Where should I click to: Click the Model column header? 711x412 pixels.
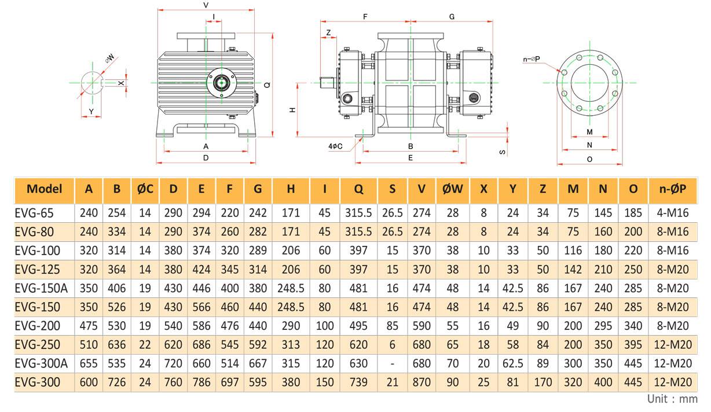[x=45, y=189]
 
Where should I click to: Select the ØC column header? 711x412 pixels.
[x=145, y=189]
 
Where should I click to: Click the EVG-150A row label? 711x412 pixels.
[x=41, y=288]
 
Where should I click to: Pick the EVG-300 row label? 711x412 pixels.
[x=37, y=382]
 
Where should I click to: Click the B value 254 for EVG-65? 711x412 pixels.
[x=117, y=213]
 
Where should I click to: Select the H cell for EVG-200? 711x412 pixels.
[x=291, y=326]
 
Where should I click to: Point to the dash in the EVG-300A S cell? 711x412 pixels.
[x=393, y=363]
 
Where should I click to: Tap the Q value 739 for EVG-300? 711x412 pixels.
[x=359, y=382]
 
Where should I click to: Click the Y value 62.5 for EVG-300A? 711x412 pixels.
[x=513, y=363]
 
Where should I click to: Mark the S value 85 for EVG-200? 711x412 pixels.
[x=393, y=326]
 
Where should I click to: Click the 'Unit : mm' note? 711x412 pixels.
[x=672, y=399]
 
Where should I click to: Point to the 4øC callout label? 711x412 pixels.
[x=335, y=146]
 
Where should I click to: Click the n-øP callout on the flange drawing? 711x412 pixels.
[x=532, y=58]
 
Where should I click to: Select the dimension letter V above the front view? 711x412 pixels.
[x=206, y=5]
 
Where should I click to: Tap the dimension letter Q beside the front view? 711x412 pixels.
[x=267, y=84]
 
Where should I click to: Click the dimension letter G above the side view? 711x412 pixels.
[x=452, y=17]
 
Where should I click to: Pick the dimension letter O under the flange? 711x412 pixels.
[x=589, y=159]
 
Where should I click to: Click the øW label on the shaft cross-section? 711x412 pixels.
[x=109, y=58]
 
